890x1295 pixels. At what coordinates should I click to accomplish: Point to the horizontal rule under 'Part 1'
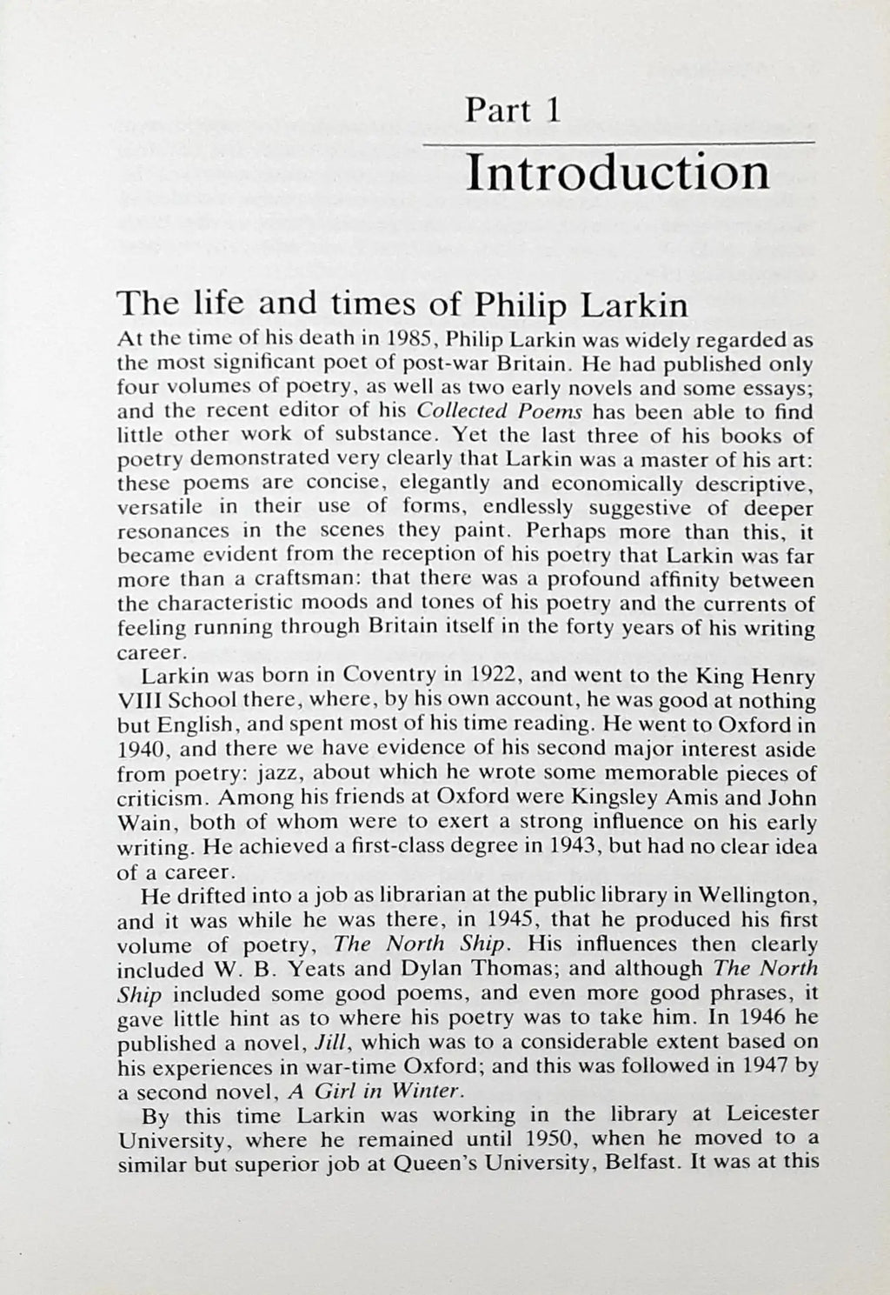pyautogui.click(x=618, y=142)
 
